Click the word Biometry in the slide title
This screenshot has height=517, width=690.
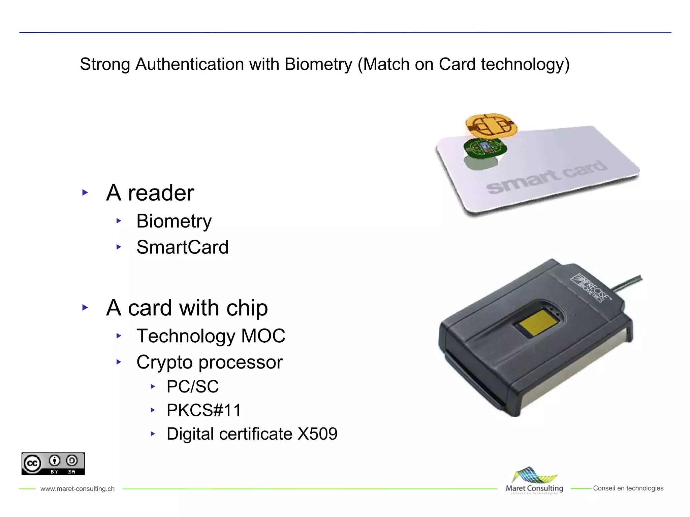point(318,64)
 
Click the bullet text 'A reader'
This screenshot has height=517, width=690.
point(150,193)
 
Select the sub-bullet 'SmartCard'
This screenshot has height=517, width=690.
point(182,247)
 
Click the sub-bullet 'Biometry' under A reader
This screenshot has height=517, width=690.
point(174,221)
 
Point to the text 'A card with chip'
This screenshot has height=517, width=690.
point(187,308)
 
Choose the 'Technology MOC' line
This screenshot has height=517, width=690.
point(211,336)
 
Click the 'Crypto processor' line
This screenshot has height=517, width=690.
point(210,362)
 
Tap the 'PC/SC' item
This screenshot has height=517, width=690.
point(192,386)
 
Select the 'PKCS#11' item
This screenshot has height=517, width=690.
point(204,410)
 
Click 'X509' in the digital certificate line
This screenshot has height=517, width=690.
point(317,434)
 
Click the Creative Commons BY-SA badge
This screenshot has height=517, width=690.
point(53,463)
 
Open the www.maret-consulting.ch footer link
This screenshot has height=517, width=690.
point(77,489)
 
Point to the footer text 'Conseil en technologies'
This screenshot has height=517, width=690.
point(628,488)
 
